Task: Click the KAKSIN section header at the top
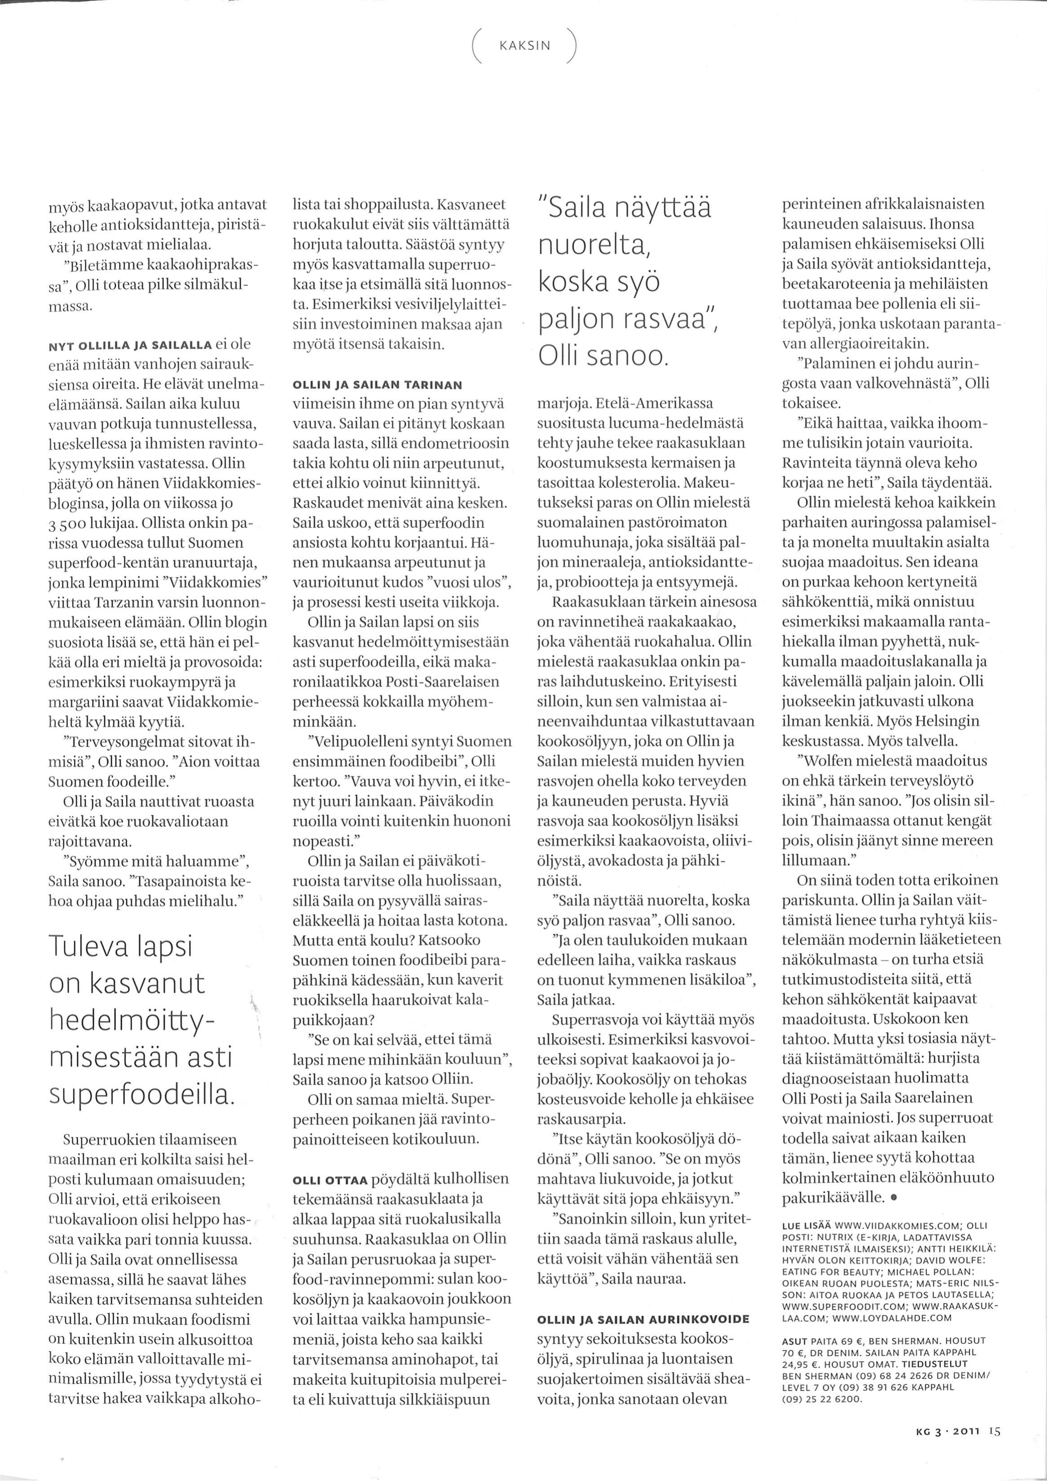524,46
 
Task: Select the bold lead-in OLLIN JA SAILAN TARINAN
377,385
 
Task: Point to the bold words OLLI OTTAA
330,1179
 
